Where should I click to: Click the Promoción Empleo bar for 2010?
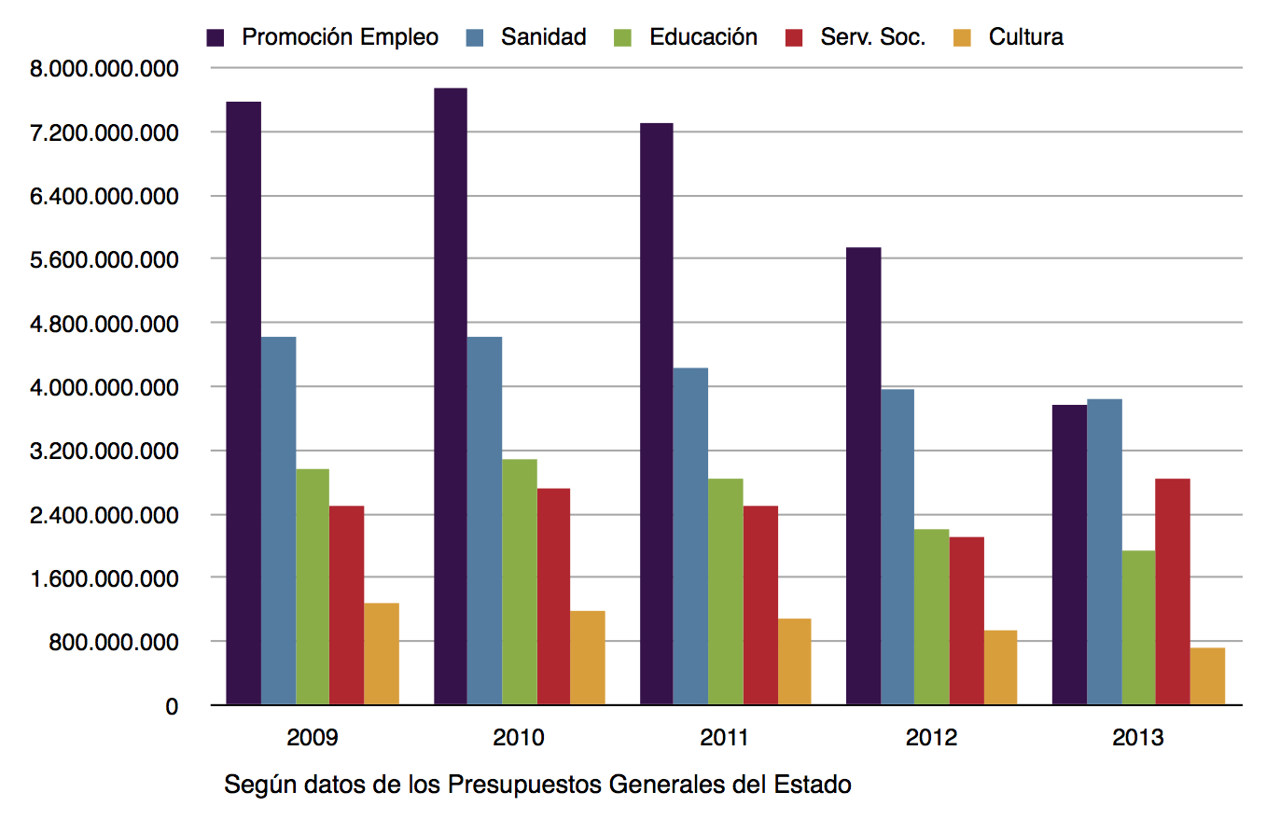pos(451,396)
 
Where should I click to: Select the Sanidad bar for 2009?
pos(279,521)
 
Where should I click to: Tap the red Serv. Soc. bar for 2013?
pos(1172,591)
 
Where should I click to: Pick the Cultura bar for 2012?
pos(1000,668)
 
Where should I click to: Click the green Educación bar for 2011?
pos(726,591)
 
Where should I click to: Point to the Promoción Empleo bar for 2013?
pos(1069,555)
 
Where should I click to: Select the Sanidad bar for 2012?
pos(897,547)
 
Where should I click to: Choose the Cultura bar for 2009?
pos(382,654)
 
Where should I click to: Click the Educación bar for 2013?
pos(1138,628)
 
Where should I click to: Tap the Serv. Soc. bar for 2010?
pos(553,596)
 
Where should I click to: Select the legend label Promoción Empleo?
pos(340,37)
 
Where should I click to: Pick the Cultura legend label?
pos(1026,37)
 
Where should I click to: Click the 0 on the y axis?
pos(172,706)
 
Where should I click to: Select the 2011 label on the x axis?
pos(725,739)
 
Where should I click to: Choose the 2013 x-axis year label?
pos(1138,739)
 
